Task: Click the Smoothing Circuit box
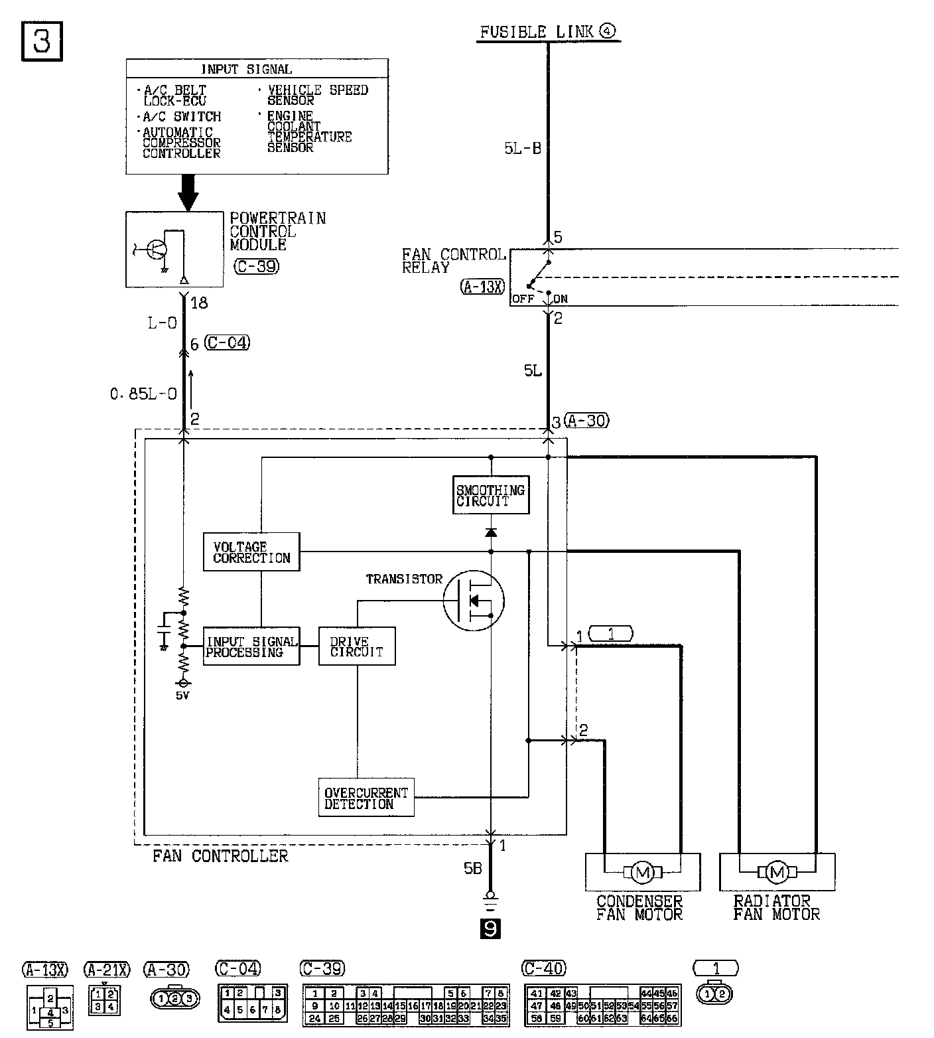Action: coord(491,495)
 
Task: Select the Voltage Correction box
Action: coord(251,552)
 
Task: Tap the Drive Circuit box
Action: coord(357,646)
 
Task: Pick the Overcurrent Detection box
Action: coord(366,798)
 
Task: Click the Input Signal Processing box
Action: coord(251,646)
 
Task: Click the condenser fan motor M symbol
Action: coord(641,872)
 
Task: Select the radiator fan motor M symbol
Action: coord(776,872)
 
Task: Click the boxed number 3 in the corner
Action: coord(42,42)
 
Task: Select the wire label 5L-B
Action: coord(523,149)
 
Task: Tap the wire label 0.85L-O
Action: coord(144,394)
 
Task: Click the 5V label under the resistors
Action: coord(182,696)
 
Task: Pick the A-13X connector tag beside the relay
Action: coord(482,287)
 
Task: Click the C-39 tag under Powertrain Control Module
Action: coord(257,266)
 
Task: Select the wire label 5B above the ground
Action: coord(473,868)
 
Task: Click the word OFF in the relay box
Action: coord(523,299)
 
